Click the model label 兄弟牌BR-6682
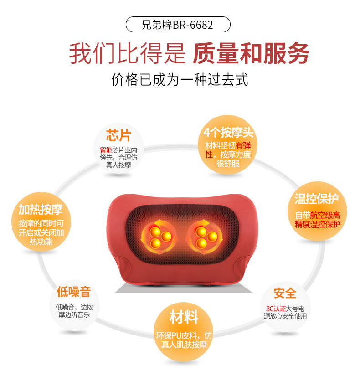[178, 25]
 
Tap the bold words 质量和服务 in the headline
[251, 53]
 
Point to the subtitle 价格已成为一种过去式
[180, 79]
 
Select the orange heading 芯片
[118, 135]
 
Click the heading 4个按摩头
[228, 133]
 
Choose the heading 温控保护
[317, 199]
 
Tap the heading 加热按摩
[41, 210]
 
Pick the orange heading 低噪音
[74, 292]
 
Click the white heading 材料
[184, 317]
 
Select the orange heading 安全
[285, 293]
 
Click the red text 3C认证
[276, 309]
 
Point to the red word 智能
[106, 150]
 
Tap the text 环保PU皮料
[176, 335]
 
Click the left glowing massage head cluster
[159, 237]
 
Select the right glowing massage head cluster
[205, 237]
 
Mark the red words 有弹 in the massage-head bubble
[243, 145]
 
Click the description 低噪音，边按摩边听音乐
[74, 311]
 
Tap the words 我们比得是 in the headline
[128, 53]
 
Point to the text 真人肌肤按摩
[184, 345]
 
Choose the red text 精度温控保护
[318, 224]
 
